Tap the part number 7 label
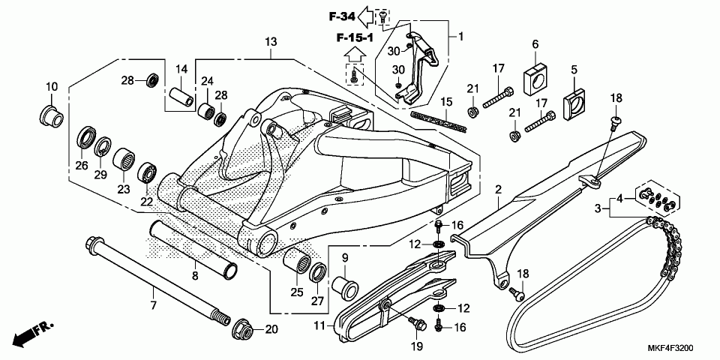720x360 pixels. coord(153,305)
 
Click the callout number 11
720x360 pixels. coord(319,326)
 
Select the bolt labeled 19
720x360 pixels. coord(416,325)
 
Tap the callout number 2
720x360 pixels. coord(498,192)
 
